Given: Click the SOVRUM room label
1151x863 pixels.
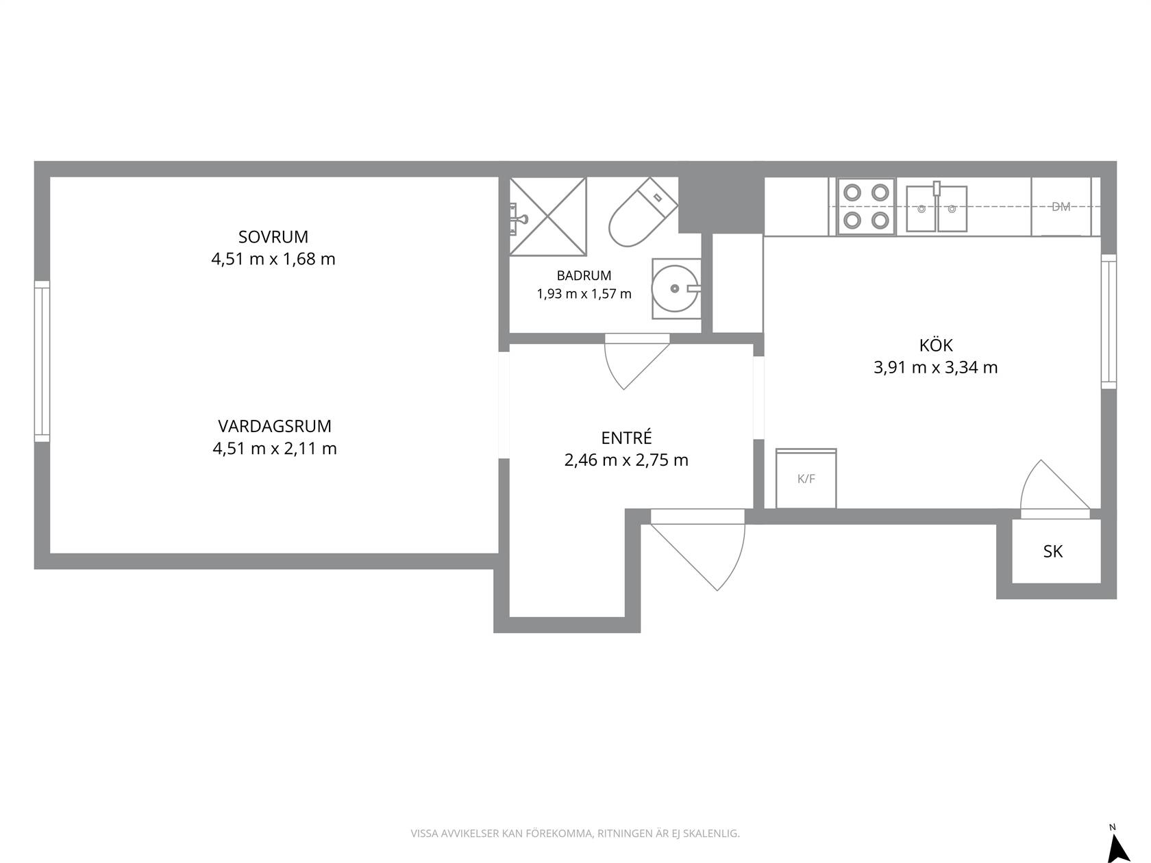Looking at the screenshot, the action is tap(273, 237).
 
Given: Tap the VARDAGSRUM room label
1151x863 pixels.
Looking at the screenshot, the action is tap(275, 427).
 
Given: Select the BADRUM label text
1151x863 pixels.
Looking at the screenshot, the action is tap(584, 275).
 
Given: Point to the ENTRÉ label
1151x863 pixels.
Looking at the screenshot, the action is tap(626, 438).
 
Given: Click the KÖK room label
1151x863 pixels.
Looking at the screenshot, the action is tap(936, 345).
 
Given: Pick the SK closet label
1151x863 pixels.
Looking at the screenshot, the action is tap(1053, 551).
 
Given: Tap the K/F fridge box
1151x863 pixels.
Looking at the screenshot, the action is tap(806, 478).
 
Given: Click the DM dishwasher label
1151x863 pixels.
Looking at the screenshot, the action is tap(1061, 207).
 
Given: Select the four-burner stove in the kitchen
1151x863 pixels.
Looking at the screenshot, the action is tap(866, 206).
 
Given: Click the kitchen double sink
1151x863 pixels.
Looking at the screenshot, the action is tap(937, 208).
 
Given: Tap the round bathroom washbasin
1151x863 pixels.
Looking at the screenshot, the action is tap(676, 289).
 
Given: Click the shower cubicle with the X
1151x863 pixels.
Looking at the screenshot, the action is tap(548, 216).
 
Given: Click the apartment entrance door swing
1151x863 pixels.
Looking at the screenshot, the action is tap(737, 562).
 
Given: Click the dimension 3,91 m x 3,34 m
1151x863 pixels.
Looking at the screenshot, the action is tap(935, 367).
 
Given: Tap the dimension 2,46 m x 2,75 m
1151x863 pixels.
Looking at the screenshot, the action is tap(626, 460).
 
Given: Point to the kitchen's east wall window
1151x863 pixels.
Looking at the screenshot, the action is tap(1109, 322).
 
